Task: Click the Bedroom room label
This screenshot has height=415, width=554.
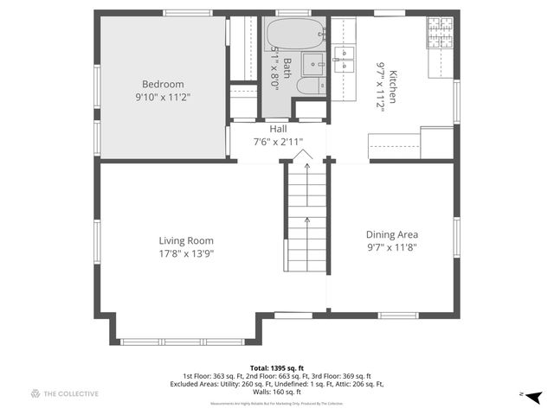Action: (x=162, y=84)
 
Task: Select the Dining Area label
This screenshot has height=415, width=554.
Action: (x=393, y=234)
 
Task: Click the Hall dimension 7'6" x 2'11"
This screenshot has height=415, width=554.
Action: (x=278, y=141)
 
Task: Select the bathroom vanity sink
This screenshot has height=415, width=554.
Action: (x=312, y=62)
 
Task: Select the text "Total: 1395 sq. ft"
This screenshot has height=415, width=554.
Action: (x=277, y=367)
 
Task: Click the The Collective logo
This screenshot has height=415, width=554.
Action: (x=65, y=393)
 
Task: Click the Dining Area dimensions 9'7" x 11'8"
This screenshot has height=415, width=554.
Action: (x=393, y=247)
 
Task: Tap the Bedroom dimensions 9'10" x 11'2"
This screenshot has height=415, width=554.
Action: (x=162, y=97)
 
